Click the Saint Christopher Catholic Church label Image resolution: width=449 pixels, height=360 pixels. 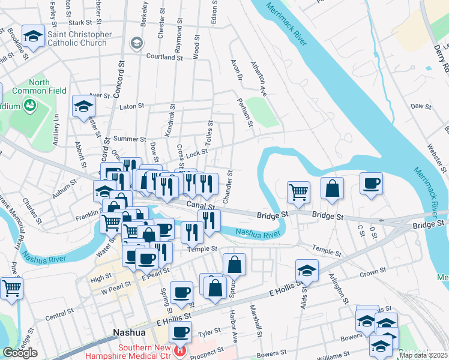coord(79,39)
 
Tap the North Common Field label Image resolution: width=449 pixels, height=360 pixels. coord(40,87)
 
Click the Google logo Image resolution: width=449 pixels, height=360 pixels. coord(20,353)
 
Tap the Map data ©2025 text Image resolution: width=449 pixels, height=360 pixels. coord(423,355)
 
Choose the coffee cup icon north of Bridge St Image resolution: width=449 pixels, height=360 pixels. coord(371,183)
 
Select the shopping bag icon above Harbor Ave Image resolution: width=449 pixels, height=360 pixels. coord(234,264)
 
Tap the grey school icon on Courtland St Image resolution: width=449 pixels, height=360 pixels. coord(137,43)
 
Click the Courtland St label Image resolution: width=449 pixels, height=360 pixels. coord(164,57)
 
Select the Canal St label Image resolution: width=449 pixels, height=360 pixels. coord(200,206)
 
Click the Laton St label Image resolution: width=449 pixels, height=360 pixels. coord(132,106)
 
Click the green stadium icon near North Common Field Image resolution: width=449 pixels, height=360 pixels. coord(28,106)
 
